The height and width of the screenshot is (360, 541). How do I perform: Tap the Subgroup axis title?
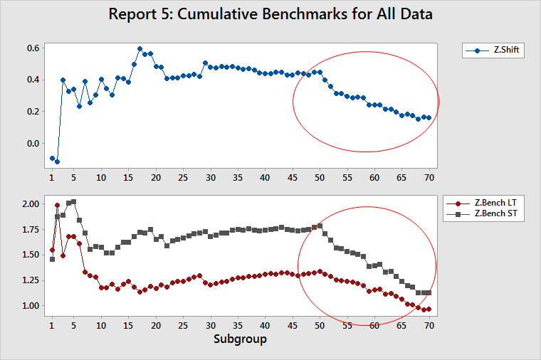(x=240, y=339)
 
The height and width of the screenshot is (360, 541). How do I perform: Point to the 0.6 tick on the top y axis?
(x=33, y=48)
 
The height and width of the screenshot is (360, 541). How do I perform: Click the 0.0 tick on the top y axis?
(x=33, y=143)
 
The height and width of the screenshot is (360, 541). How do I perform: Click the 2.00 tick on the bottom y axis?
(x=31, y=204)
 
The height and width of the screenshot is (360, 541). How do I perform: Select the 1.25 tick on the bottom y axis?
(x=31, y=280)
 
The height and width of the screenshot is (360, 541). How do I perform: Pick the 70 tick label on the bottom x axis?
(x=429, y=325)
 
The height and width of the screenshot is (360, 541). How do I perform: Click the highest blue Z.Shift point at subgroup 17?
(x=140, y=49)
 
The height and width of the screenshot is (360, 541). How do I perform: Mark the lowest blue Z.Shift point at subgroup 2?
(x=58, y=162)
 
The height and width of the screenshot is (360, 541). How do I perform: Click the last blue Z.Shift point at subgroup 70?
(x=429, y=117)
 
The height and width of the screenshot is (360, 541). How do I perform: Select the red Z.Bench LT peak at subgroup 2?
(x=58, y=205)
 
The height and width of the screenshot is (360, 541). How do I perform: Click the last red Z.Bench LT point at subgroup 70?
(x=429, y=309)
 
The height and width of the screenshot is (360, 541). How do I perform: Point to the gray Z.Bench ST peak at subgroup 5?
(x=74, y=201)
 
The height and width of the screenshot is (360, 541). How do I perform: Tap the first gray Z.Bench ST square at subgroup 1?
(x=52, y=259)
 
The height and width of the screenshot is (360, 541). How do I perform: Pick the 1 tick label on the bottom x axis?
(x=52, y=325)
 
